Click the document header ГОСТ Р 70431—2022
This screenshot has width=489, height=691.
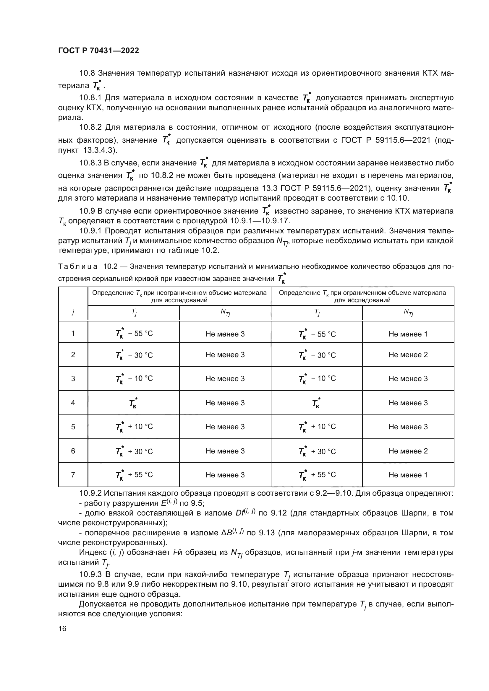[98, 51]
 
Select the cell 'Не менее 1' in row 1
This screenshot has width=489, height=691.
[408, 334]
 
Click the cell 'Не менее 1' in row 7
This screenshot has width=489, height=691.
[408, 475]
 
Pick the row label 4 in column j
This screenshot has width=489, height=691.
[73, 403]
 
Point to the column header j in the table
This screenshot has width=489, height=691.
[73, 312]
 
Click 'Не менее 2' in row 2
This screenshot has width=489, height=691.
[408, 355]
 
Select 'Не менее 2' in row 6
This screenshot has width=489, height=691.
[408, 451]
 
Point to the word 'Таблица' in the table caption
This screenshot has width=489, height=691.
[78, 267]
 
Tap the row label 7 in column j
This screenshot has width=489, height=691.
[73, 475]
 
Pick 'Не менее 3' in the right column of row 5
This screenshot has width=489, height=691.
[408, 427]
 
